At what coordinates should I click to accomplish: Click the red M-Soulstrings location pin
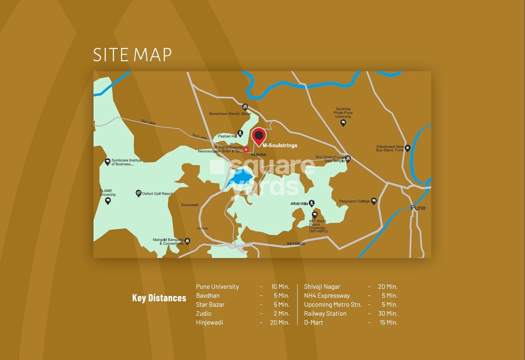(259, 136)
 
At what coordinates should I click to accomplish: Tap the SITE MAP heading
(132, 55)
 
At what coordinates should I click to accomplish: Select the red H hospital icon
(246, 150)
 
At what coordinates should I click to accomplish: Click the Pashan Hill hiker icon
(240, 133)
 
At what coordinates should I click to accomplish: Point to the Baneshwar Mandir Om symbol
(245, 107)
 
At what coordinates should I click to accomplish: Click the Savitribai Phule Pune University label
(343, 113)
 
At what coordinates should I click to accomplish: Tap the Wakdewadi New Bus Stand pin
(408, 148)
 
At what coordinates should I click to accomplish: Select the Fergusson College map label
(354, 201)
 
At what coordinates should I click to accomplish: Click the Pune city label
(418, 208)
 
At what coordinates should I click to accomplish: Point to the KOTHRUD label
(296, 244)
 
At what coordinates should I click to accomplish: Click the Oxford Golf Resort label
(157, 194)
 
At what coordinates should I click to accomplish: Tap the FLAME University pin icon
(108, 201)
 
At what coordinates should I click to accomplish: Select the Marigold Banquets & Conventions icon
(187, 241)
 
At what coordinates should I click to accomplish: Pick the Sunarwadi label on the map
(190, 205)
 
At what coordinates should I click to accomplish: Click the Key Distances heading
(159, 298)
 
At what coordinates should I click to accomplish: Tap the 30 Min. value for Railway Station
(388, 314)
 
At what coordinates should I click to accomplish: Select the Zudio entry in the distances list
(204, 314)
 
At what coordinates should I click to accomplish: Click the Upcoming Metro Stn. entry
(333, 305)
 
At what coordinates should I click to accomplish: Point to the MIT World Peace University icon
(315, 215)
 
